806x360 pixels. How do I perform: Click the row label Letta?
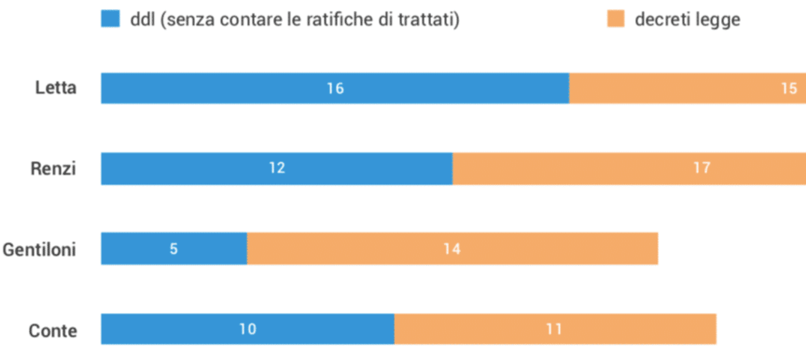(56, 88)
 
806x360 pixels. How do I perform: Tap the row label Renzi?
(53, 169)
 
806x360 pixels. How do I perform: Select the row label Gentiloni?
(40, 249)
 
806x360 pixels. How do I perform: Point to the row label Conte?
(53, 331)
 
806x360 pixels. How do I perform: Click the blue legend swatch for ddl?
(111, 20)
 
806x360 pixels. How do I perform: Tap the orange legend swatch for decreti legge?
(615, 20)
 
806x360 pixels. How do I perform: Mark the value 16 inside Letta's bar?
(335, 88)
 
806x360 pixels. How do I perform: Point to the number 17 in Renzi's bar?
(702, 168)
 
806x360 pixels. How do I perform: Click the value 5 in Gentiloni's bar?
(174, 249)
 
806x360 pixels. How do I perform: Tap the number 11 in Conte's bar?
(553, 329)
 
